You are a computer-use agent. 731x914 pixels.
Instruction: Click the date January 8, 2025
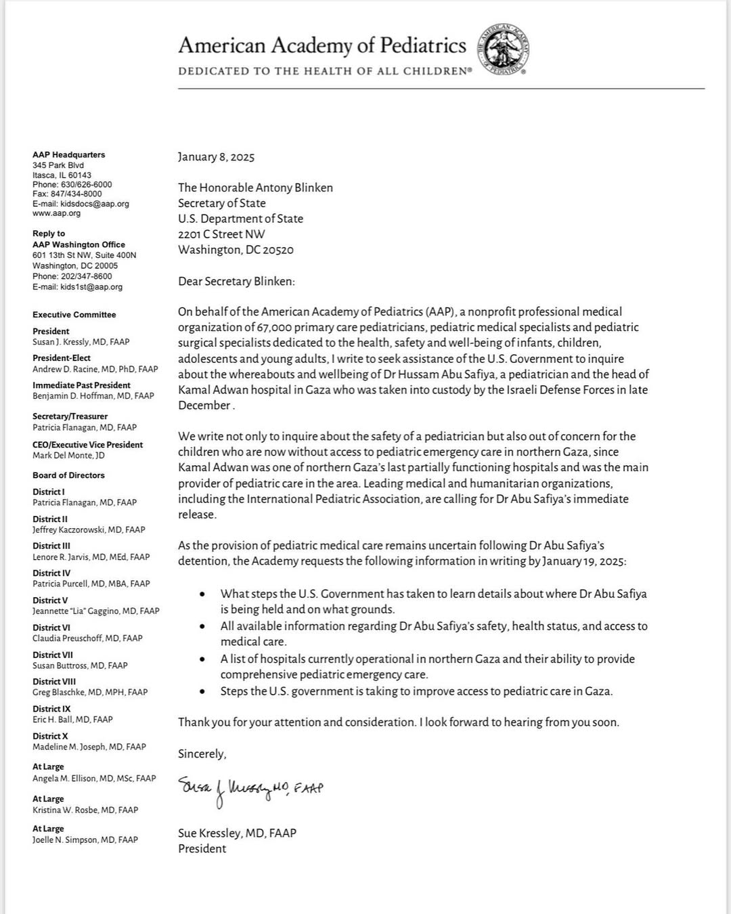(216, 157)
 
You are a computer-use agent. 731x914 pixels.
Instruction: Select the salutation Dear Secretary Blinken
(236, 281)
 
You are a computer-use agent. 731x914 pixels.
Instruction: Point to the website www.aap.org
(56, 213)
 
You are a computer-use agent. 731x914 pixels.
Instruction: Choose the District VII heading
(53, 655)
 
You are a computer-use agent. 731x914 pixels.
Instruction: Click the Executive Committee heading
(74, 315)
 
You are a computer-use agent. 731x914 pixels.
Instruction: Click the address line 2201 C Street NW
(221, 234)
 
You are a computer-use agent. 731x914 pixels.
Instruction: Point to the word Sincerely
(202, 754)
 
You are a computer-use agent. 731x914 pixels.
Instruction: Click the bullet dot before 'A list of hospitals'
(202, 659)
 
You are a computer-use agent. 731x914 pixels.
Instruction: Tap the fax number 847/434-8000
(76, 194)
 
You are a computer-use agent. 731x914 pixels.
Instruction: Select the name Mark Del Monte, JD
(68, 456)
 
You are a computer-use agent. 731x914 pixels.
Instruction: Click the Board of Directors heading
(68, 475)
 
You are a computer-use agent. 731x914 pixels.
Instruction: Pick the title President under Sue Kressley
(202, 849)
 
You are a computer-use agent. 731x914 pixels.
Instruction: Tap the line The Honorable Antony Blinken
(255, 188)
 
